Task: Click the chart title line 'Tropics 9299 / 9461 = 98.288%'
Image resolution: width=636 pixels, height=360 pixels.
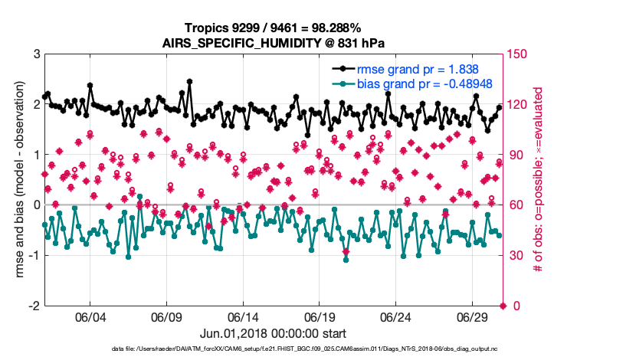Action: pos(274,28)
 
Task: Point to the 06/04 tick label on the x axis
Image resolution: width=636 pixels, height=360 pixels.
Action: pos(90,317)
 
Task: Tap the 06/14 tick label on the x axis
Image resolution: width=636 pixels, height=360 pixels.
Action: pos(243,317)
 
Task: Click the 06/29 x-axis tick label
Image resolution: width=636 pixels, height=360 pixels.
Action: pos(473,317)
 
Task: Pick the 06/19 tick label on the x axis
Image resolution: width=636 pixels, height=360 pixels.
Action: pos(320,317)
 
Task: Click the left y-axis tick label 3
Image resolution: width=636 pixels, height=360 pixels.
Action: pos(36,54)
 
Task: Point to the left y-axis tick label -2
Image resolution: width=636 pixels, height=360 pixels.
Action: pos(34,306)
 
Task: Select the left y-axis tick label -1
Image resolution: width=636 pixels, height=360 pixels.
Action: pos(34,255)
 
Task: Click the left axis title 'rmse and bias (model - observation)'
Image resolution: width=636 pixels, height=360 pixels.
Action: pos(16,180)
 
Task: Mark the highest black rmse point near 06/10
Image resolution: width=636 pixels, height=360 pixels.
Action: pos(189,80)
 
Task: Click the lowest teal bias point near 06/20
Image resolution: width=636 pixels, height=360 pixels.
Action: pos(346,260)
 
